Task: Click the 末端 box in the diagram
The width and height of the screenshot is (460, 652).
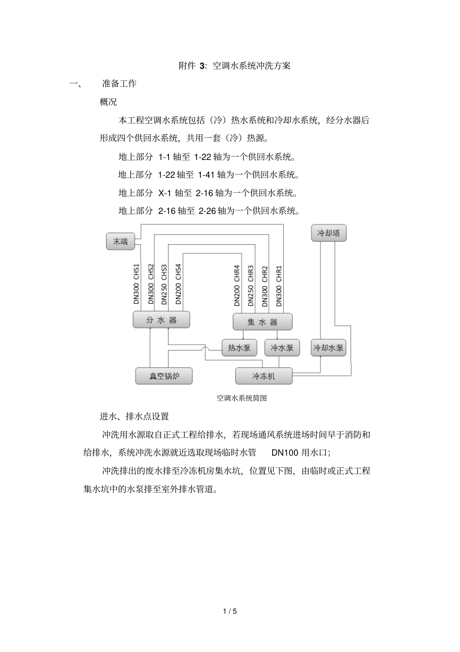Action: coord(121,241)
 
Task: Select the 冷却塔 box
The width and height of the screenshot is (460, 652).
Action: coord(328,233)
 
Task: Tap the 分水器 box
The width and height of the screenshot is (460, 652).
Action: coord(161,320)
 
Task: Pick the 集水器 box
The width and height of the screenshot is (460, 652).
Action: coord(262,322)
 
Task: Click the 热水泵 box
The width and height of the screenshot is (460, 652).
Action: coord(239,348)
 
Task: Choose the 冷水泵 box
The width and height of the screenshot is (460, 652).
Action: coord(282,348)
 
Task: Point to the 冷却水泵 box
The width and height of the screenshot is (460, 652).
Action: coord(328,348)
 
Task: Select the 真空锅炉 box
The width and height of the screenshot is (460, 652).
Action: coord(164,376)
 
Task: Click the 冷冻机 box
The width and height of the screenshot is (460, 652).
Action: coord(263,376)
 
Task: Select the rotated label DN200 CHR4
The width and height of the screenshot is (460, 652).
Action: coord(237,286)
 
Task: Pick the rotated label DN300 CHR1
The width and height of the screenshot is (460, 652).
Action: coord(279,286)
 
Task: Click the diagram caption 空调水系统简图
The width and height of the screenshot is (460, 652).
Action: coord(242,398)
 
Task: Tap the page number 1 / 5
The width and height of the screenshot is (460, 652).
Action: coord(230,612)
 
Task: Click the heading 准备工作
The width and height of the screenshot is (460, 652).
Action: coord(119,83)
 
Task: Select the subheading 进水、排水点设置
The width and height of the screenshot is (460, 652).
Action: coord(134,416)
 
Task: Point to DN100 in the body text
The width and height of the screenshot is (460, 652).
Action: coord(285,453)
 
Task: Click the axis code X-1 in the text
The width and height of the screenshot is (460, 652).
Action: coord(165,193)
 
